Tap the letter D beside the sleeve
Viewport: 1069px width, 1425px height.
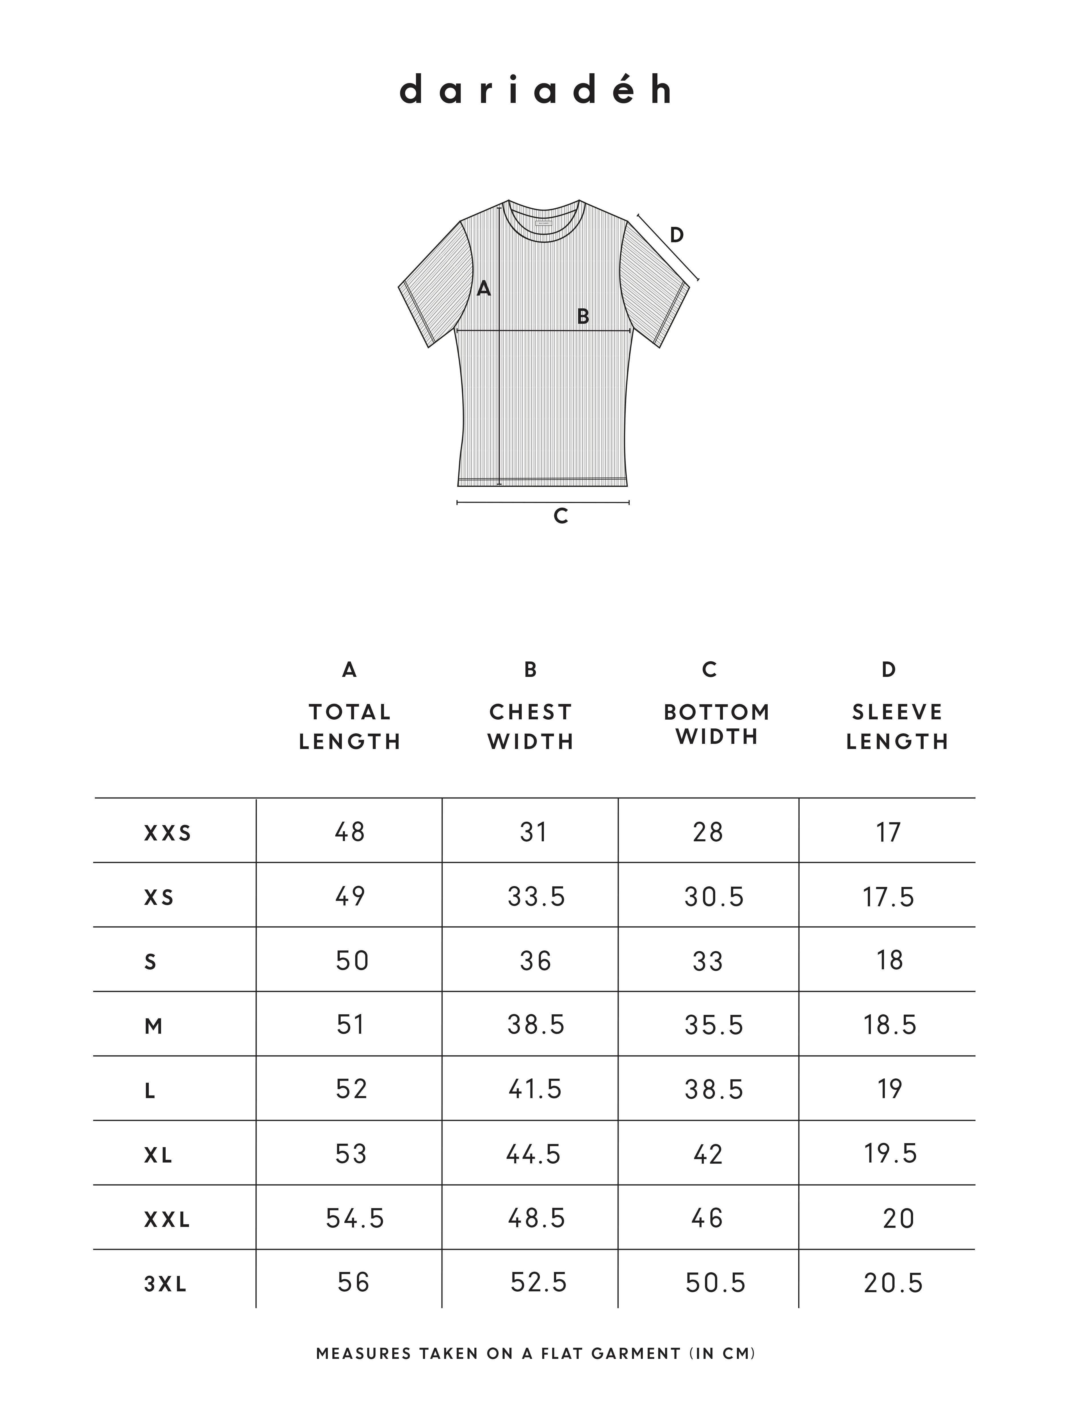[676, 235]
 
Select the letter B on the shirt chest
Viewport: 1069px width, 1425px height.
[582, 316]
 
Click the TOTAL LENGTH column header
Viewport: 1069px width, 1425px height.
[350, 727]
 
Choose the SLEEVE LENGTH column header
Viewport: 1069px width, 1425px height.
[897, 727]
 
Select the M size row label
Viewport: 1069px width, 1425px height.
[153, 1026]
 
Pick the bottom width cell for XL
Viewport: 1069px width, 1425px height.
[708, 1155]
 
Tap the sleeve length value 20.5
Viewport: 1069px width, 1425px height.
[893, 1283]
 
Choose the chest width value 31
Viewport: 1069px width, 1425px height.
[534, 832]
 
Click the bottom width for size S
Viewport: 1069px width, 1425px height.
[708, 961]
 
